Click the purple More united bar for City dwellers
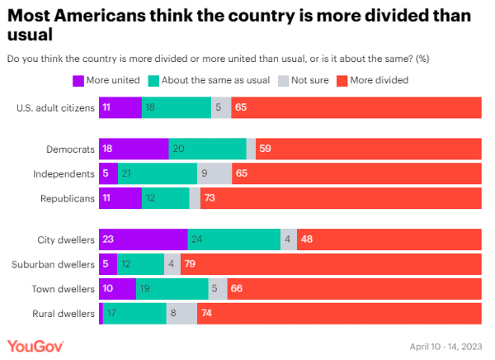point(143,240)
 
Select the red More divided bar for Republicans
point(341,199)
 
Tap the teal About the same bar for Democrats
point(207,149)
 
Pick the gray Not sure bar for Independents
point(214,174)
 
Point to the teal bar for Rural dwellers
point(134,314)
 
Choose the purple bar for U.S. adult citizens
point(120,108)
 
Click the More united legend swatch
point(78,80)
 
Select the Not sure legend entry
point(304,80)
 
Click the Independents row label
point(64,174)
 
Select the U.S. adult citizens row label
point(55,108)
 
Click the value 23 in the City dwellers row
point(109,240)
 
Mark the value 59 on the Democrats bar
point(265,149)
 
